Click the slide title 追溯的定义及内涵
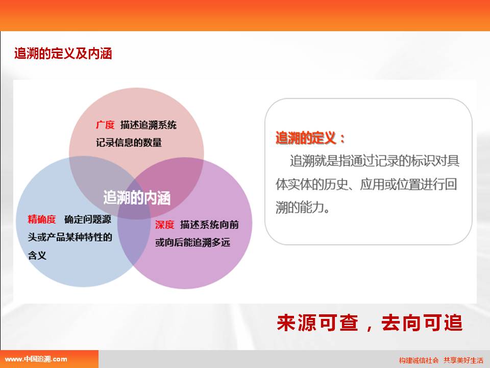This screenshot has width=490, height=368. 63,54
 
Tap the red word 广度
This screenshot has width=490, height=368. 105,125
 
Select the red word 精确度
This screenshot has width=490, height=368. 41,219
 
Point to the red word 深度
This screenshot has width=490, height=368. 164,225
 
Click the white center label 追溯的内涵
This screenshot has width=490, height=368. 137,198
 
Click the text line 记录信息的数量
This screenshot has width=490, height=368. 129,143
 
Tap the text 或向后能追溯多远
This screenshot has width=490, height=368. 192,242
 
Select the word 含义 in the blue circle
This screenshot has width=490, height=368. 37,256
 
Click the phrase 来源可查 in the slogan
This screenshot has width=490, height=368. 317,323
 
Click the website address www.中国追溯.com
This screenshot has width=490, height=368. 36,359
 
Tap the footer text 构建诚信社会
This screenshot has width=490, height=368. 419,360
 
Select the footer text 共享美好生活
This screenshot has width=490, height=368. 463,360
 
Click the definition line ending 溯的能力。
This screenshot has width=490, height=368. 303,207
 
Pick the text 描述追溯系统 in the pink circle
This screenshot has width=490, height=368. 149,125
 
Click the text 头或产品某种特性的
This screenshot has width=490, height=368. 70,237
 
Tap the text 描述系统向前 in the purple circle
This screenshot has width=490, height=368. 209,225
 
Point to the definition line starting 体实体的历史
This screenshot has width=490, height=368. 366,185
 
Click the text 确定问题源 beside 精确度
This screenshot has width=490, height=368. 88,219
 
